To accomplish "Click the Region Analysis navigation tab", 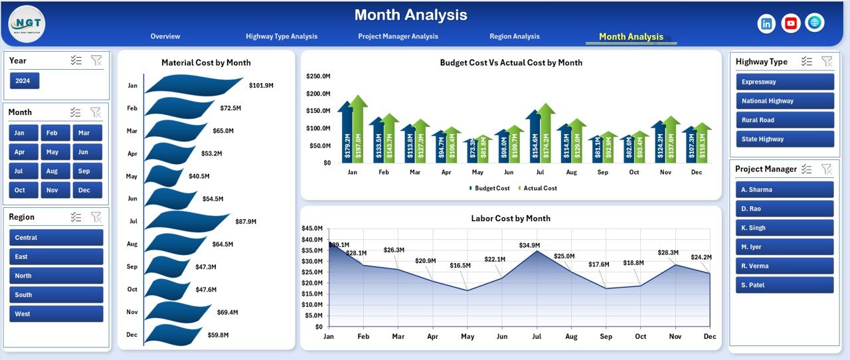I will tap(514, 37).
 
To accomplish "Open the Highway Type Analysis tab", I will tap(282, 37).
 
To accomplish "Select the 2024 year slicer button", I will tap(25, 81).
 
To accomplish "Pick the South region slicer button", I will tap(56, 295).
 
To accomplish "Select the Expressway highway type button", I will tap(784, 82).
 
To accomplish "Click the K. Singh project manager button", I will tap(784, 228).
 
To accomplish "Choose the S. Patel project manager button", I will tap(784, 285).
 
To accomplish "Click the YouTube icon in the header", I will tap(790, 23).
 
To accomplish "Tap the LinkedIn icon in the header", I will tap(766, 23).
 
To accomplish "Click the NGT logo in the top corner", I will tap(27, 23).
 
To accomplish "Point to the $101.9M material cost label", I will tap(261, 86).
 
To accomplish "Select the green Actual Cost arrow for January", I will tap(358, 130).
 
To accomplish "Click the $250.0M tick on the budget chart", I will tap(319, 76).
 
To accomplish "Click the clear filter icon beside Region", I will tap(96, 217).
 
